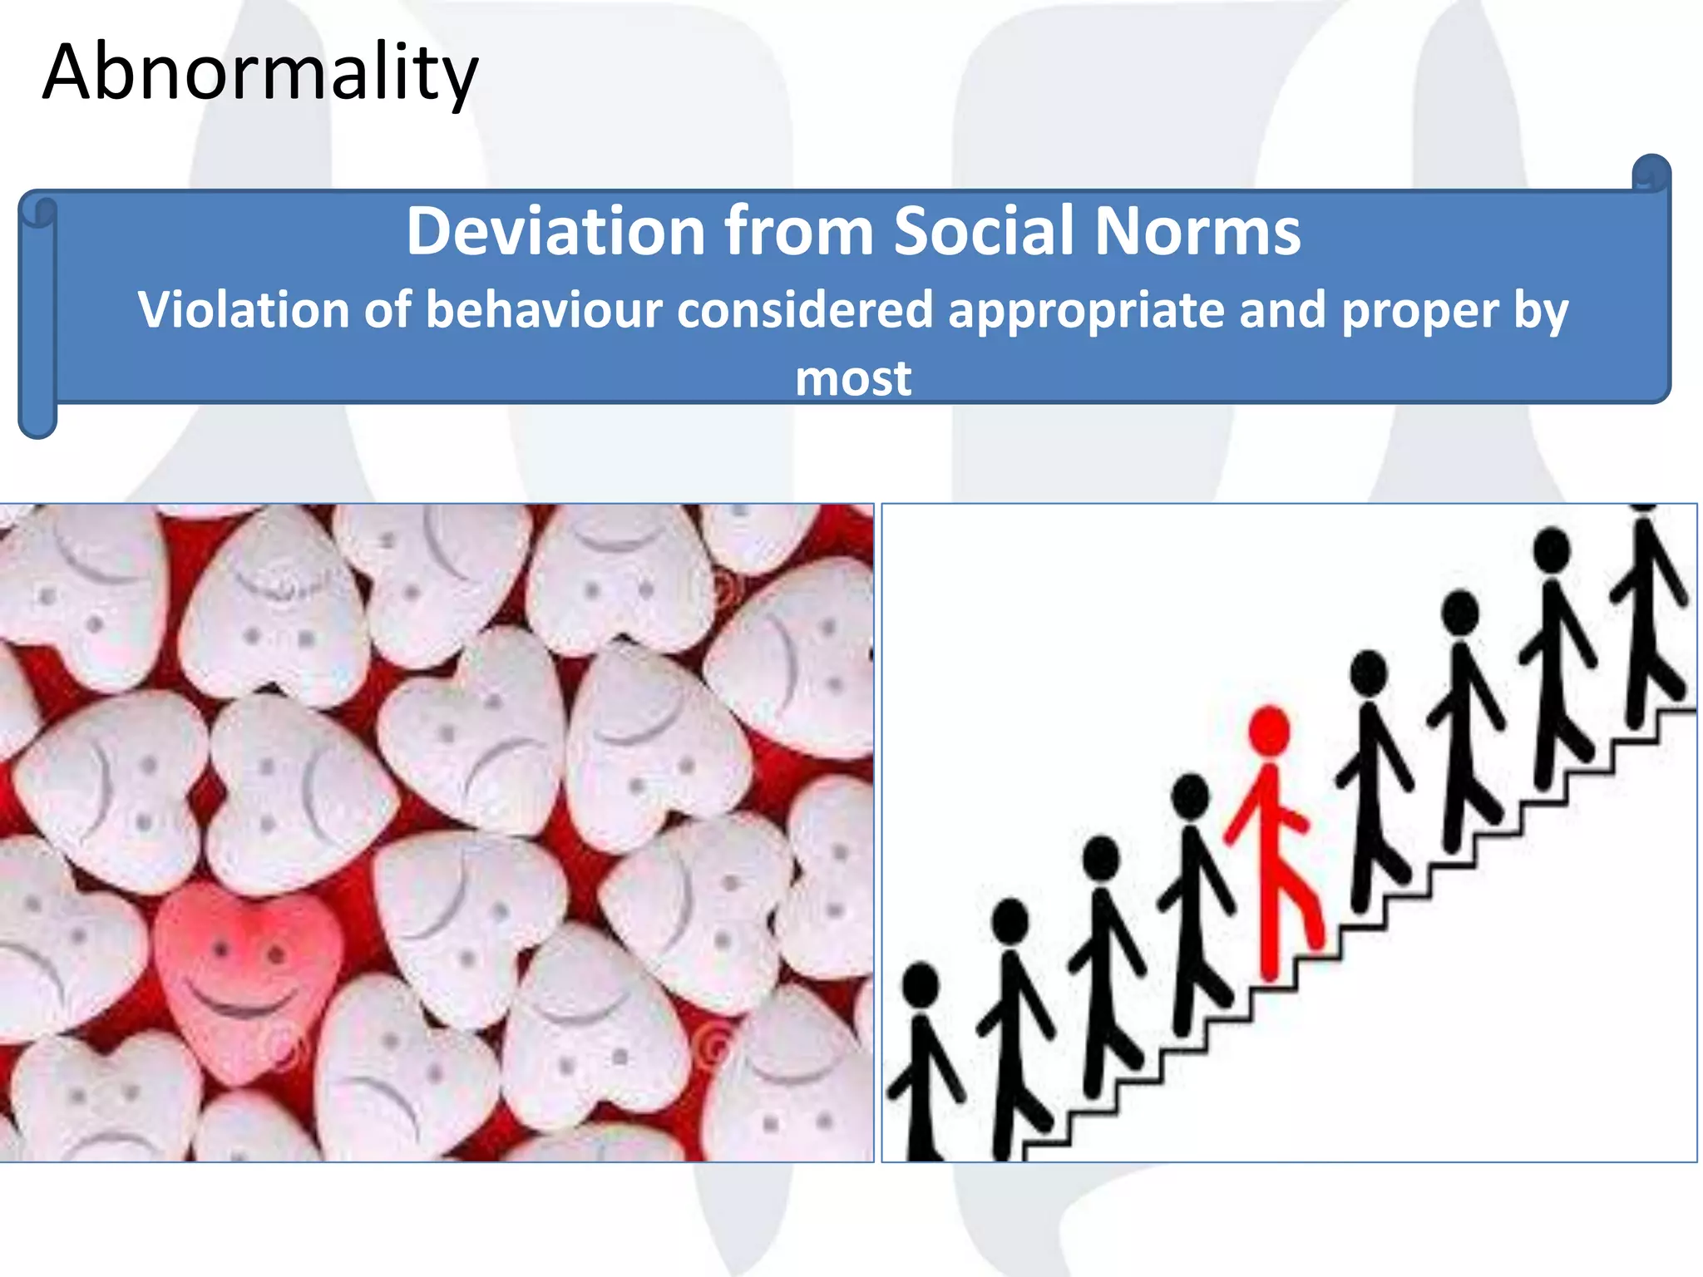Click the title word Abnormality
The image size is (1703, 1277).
click(259, 73)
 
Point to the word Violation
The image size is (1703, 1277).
click(244, 310)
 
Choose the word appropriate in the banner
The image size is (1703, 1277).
click(1086, 310)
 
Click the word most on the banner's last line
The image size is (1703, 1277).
click(853, 378)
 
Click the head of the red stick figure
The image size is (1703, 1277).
click(1270, 730)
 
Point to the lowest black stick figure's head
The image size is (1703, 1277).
click(921, 986)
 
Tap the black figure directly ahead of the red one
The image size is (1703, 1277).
click(1370, 781)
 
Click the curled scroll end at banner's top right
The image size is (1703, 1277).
click(1651, 173)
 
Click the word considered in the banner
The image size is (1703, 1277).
click(805, 310)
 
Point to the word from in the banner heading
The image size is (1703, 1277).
click(799, 230)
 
